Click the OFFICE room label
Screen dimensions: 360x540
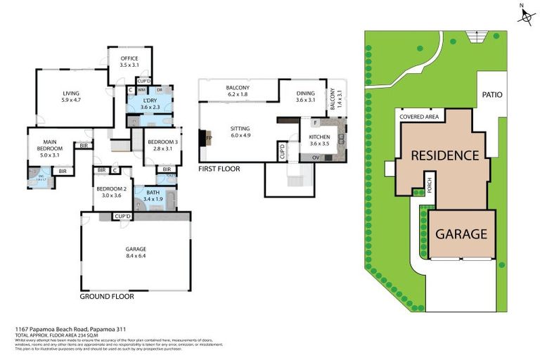tap(129, 58)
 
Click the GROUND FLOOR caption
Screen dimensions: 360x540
tap(107, 297)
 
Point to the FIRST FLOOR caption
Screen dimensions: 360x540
tap(219, 169)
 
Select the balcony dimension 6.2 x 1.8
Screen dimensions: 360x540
tap(238, 94)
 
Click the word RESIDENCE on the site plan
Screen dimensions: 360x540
tap(445, 155)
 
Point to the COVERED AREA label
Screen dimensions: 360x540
tap(418, 117)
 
